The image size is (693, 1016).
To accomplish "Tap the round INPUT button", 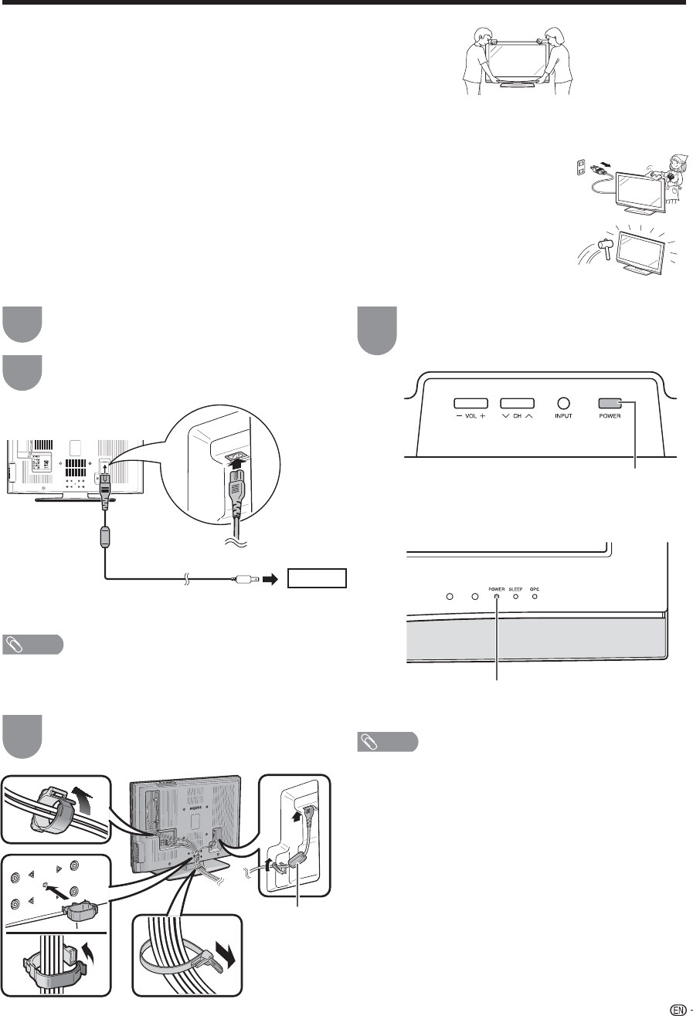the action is [563, 402].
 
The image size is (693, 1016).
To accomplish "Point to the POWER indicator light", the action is [497, 596].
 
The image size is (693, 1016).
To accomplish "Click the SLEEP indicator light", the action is [515, 596].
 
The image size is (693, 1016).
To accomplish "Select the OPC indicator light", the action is [534, 596].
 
